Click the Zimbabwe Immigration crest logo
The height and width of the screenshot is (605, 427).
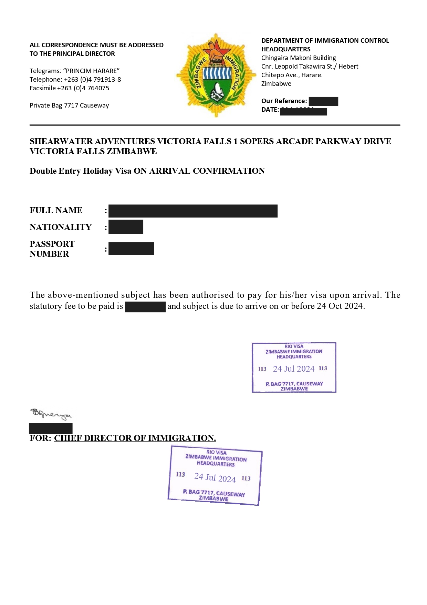coord(216,75)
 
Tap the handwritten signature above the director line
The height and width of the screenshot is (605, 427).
coord(51,414)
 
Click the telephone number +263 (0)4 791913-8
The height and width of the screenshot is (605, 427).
coord(92,80)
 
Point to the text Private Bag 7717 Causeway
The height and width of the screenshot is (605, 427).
coord(69,105)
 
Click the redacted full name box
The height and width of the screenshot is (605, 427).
coord(193,211)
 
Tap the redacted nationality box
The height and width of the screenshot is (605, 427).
coord(126,227)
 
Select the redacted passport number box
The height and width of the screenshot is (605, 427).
coord(131,249)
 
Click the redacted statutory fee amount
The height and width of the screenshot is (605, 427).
coord(145,306)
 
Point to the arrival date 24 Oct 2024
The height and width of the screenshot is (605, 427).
coord(340,306)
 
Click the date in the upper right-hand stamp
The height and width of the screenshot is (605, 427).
coord(294,369)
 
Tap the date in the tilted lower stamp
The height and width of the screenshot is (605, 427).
coord(215,477)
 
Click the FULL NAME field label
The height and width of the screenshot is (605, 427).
coord(56,210)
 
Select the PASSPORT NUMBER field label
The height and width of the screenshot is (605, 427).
coord(52,249)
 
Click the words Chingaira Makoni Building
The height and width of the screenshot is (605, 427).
coord(299,58)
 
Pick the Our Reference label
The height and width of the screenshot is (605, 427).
coord(284,101)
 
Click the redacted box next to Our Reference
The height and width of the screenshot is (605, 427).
coord(323,101)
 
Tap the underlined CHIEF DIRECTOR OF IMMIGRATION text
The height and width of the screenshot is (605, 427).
coord(135,438)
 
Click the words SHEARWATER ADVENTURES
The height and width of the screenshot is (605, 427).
coord(92,141)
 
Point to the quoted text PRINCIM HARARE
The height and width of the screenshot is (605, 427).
coord(91,71)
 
